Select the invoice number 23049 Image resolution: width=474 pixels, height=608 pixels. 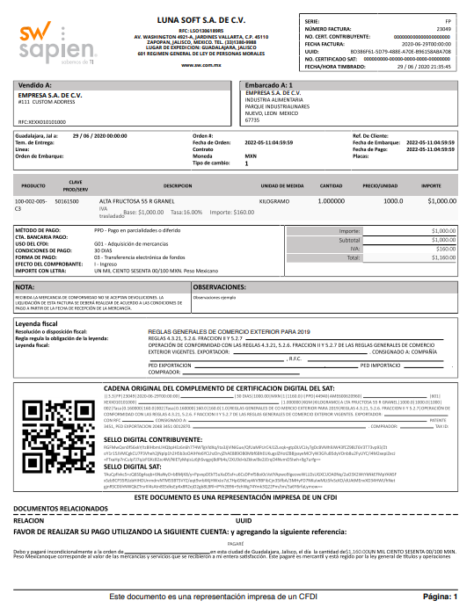443,29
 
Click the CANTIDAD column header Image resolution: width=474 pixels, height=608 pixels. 332,186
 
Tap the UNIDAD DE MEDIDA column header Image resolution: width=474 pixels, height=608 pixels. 282,186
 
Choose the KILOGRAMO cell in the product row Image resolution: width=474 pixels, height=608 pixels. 273,202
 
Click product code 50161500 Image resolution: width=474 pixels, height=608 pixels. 67,202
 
